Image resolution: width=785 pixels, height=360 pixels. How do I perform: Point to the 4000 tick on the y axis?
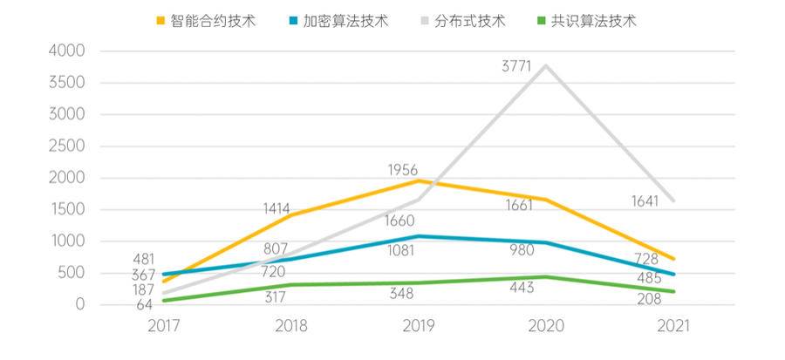(x=67, y=51)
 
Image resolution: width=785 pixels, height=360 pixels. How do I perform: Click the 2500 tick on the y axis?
(x=67, y=146)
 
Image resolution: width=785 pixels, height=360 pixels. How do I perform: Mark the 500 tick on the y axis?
(x=72, y=273)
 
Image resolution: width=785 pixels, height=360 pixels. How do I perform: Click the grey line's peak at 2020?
(x=547, y=66)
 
